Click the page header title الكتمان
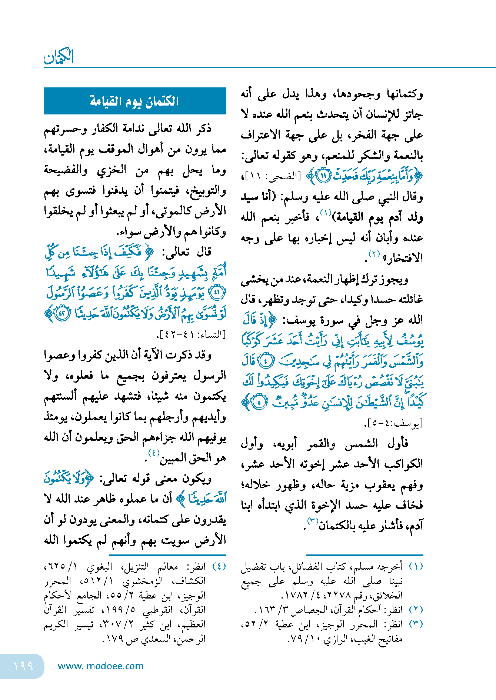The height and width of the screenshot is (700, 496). (59, 57)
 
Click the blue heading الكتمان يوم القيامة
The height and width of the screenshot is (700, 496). (134, 101)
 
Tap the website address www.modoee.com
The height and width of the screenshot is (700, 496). (100, 666)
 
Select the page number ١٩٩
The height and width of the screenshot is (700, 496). (23, 666)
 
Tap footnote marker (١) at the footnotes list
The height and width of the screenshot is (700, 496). (416, 566)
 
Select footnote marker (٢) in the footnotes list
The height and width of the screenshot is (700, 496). (416, 610)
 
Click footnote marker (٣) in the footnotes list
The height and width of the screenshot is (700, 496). (416, 624)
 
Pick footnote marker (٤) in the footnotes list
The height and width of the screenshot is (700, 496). (219, 566)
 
